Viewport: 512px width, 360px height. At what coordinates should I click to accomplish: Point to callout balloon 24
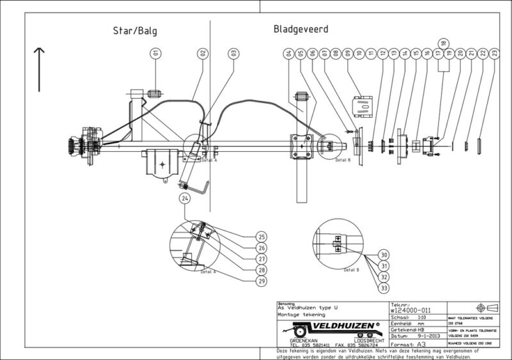tap(186, 199)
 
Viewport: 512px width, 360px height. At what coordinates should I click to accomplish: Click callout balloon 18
tap(443, 42)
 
